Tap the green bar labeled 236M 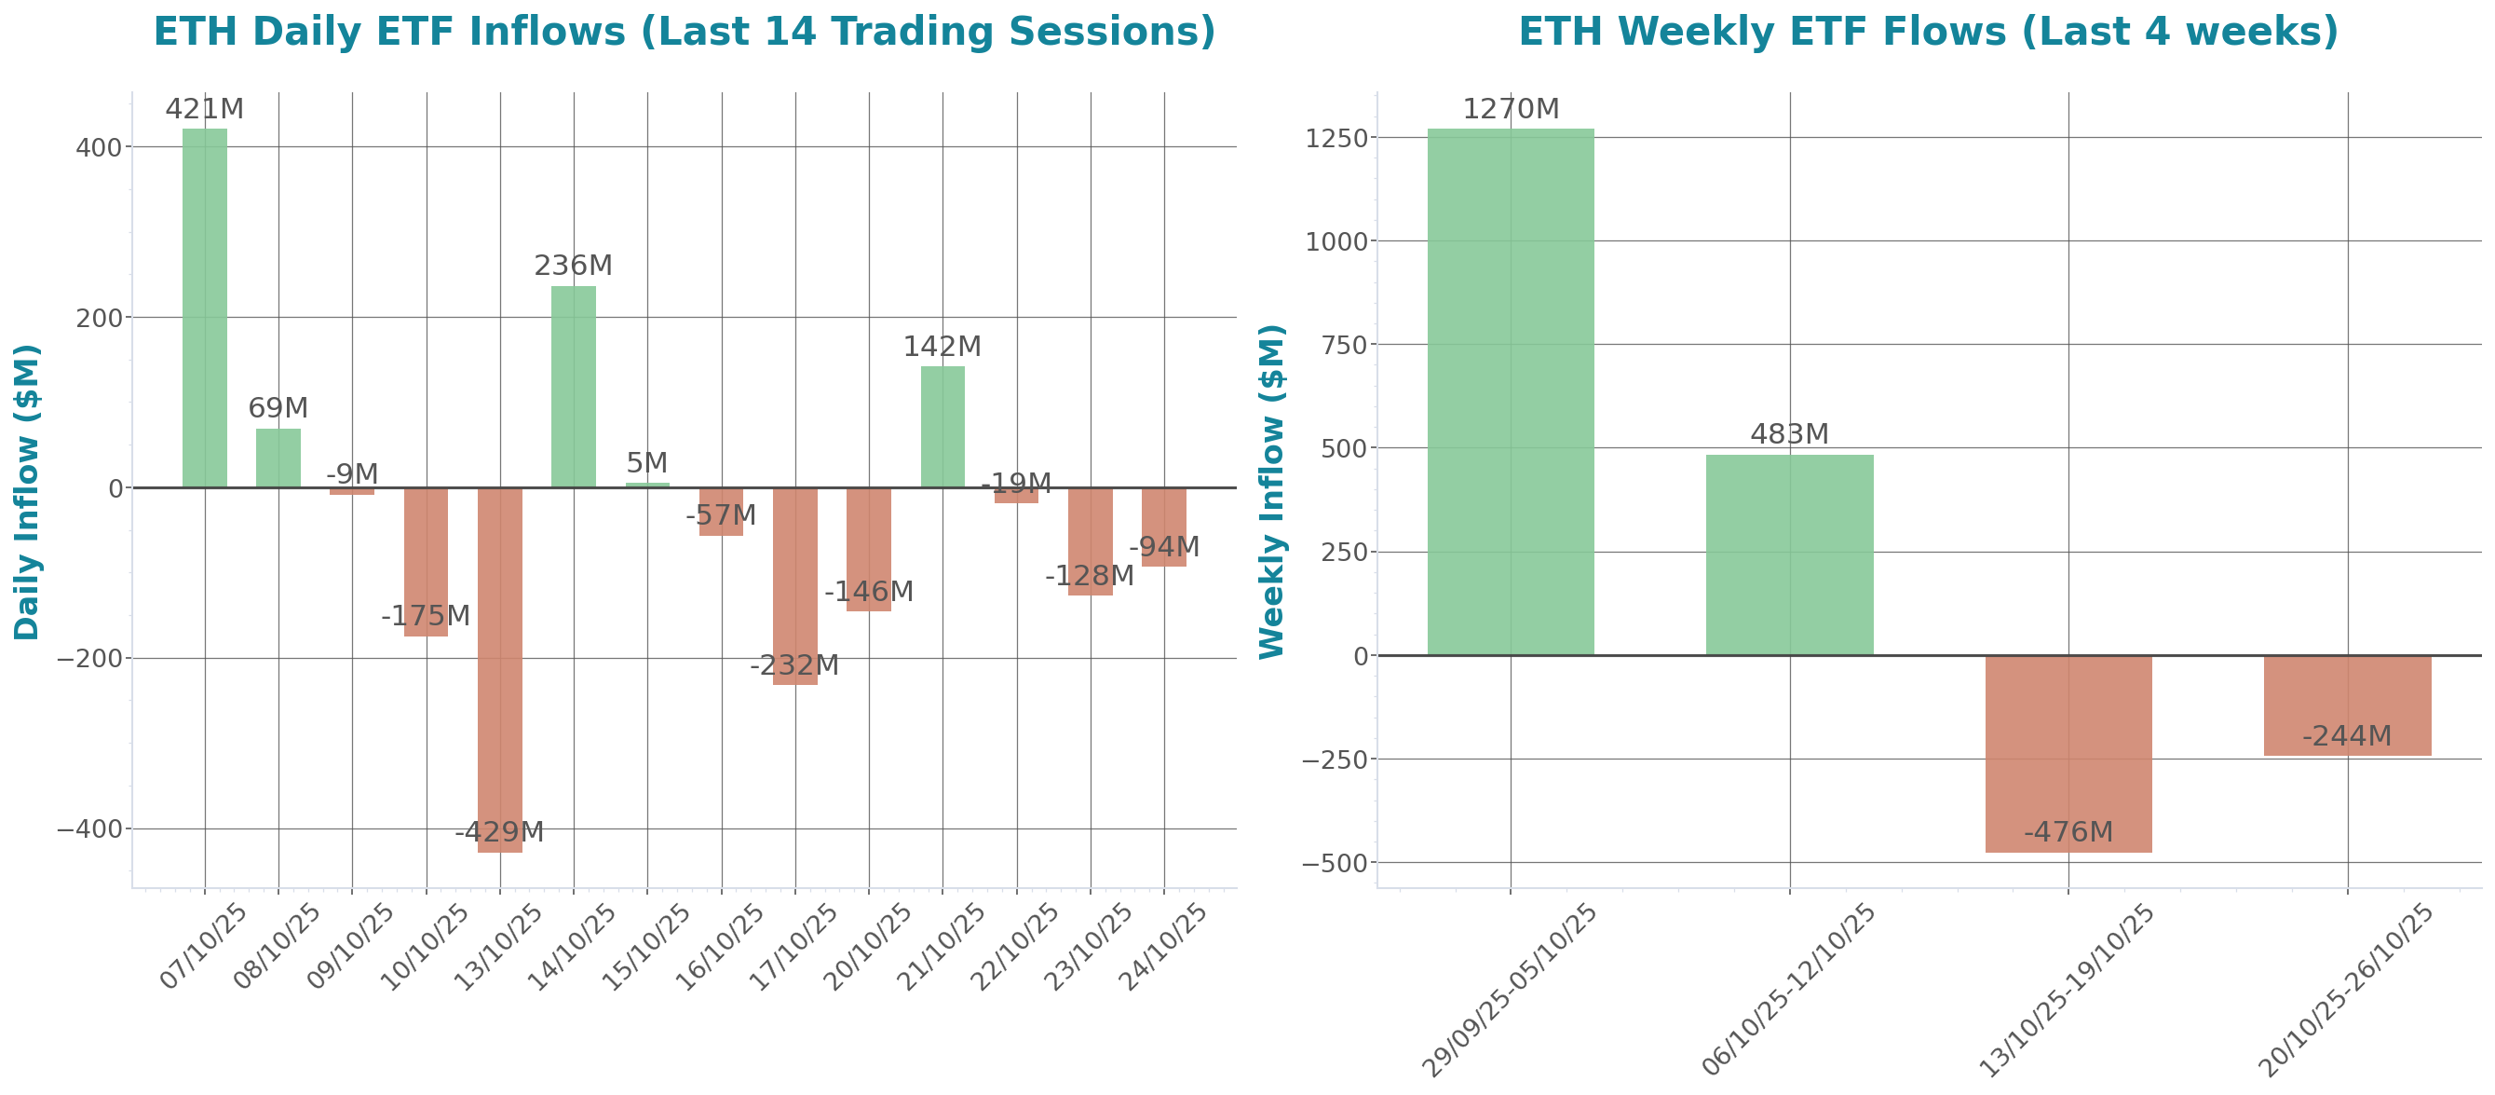(574, 387)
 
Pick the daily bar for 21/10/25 (942, 427)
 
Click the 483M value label (1789, 434)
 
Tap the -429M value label (500, 831)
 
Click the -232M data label (794, 665)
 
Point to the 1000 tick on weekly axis (1336, 241)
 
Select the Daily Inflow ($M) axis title (27, 491)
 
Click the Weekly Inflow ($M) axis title (1271, 491)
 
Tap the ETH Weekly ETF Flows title (1928, 32)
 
